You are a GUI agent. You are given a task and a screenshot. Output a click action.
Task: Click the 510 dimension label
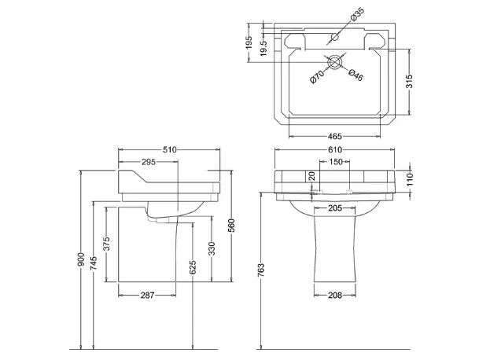[170, 149]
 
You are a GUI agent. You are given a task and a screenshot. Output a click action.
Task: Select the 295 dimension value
[149, 162]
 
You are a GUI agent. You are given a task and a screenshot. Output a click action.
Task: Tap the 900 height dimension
[81, 259]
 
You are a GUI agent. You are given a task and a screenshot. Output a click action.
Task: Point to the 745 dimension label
[94, 263]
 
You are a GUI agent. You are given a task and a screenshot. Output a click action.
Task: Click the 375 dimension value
[107, 244]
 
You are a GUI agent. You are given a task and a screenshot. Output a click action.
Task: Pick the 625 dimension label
[193, 267]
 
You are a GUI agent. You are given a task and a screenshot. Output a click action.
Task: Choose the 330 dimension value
[212, 249]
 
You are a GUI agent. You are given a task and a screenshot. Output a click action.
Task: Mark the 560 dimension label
[232, 226]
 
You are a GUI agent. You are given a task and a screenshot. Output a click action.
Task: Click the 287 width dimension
[147, 296]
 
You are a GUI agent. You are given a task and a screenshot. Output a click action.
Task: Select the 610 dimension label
[335, 149]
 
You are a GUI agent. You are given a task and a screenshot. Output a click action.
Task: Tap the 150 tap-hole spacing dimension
[336, 162]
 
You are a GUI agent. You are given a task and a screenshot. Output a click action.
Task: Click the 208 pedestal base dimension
[335, 296]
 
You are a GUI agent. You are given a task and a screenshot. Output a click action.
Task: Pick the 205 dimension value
[335, 208]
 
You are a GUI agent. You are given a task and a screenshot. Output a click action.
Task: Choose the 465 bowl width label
[335, 137]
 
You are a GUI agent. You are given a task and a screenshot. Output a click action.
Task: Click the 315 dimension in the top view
[410, 81]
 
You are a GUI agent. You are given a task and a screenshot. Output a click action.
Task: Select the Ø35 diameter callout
[357, 15]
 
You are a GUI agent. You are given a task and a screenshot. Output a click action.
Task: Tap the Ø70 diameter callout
[317, 77]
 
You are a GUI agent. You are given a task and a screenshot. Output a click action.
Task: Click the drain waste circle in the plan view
[334, 61]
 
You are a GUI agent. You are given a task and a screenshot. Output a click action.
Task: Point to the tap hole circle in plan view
[334, 37]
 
